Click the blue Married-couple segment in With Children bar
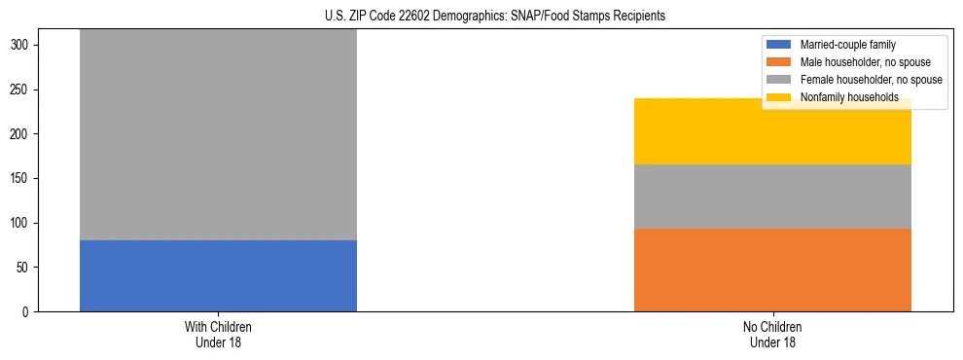pos(218,275)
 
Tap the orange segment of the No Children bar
pos(772,270)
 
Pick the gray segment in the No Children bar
pos(772,197)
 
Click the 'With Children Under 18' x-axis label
pos(218,334)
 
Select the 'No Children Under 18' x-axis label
pos(772,334)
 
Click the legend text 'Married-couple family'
pos(848,45)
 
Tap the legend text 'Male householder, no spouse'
pos(862,62)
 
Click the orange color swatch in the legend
pos(779,62)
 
